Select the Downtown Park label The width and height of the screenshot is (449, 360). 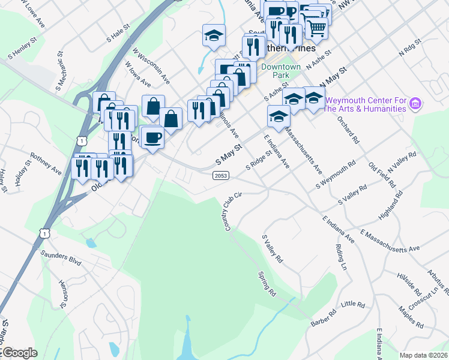[280, 71]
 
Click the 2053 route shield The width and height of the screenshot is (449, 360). [220, 175]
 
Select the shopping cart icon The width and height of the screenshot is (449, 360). [317, 26]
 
